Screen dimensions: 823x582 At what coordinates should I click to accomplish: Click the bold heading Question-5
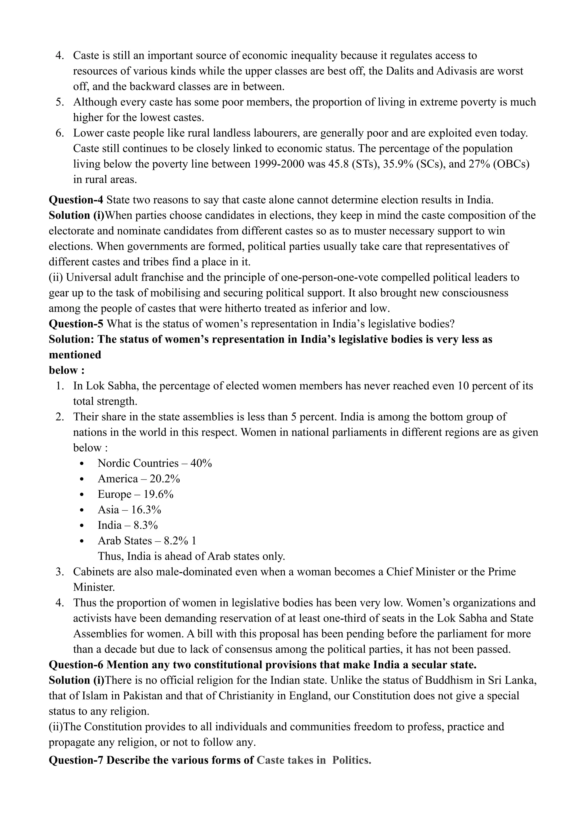[76, 324]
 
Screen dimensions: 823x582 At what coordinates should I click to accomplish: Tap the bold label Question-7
[76, 760]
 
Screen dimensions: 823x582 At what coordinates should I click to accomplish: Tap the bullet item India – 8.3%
[128, 525]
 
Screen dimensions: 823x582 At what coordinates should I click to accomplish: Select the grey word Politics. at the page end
[352, 760]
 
